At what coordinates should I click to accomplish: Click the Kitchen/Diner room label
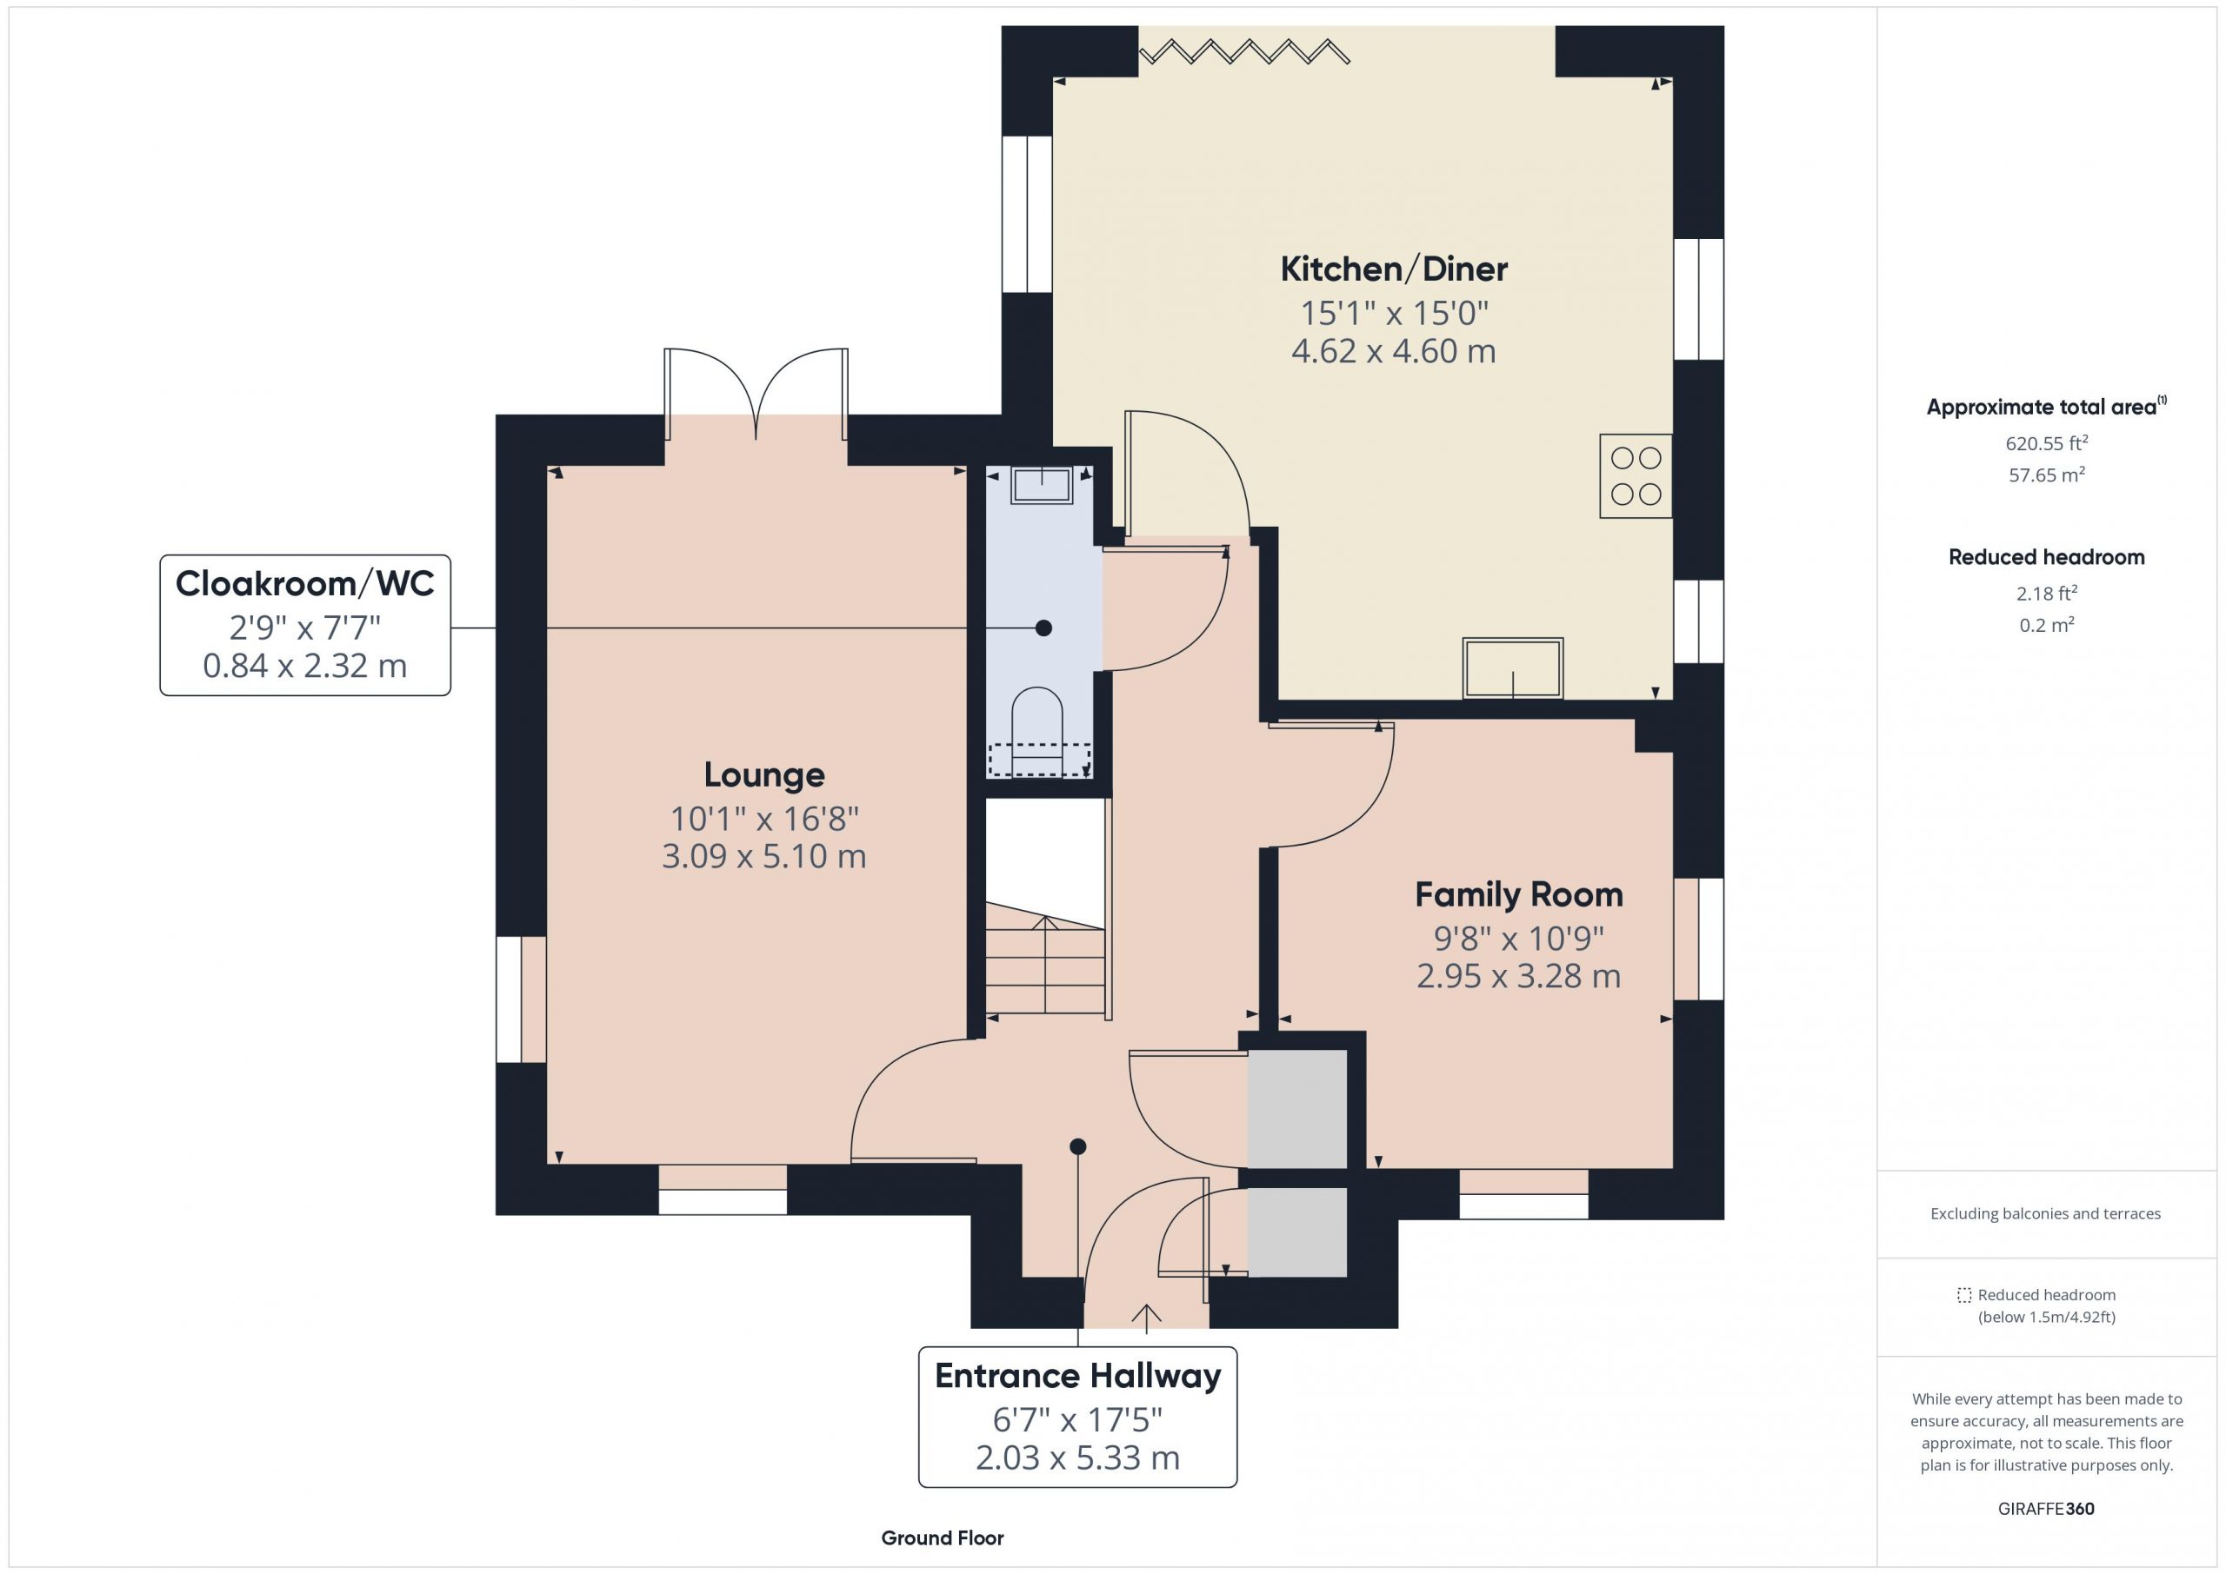pyautogui.click(x=1393, y=269)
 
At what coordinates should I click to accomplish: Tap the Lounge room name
pyautogui.click(x=764, y=775)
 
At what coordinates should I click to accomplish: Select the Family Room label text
pyautogui.click(x=1518, y=894)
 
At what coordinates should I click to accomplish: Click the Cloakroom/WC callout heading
pyautogui.click(x=304, y=583)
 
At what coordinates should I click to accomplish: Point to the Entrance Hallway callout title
pyautogui.click(x=1077, y=1377)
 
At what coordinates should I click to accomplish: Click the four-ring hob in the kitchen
pyautogui.click(x=1636, y=476)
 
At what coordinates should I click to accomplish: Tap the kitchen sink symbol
pyautogui.click(x=1512, y=667)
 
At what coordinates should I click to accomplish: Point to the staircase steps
pyautogui.click(x=1045, y=960)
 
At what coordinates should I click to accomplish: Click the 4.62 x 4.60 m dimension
pyautogui.click(x=1393, y=351)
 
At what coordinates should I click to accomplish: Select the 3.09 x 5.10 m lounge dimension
pyautogui.click(x=764, y=857)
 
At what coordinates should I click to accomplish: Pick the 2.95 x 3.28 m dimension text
pyautogui.click(x=1518, y=976)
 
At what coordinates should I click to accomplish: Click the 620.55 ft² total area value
pyautogui.click(x=2046, y=443)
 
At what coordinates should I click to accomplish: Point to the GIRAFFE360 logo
pyautogui.click(x=2046, y=1509)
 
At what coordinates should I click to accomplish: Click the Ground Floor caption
pyautogui.click(x=943, y=1538)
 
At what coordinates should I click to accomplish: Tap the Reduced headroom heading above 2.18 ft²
pyautogui.click(x=2046, y=557)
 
